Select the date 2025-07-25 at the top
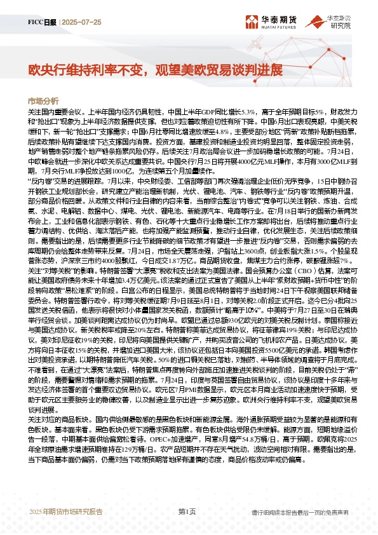(82, 22)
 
